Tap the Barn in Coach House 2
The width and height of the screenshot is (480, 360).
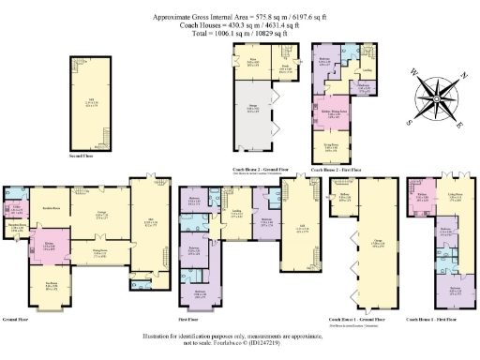pos(252,65)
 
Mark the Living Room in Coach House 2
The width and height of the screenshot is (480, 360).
pos(332,146)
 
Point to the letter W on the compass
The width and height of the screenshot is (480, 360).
pos(413,72)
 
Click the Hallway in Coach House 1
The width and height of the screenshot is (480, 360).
pos(341,196)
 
